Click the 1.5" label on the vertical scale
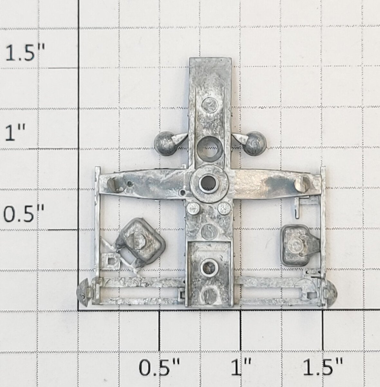[25, 53]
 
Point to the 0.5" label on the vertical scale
[24, 214]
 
